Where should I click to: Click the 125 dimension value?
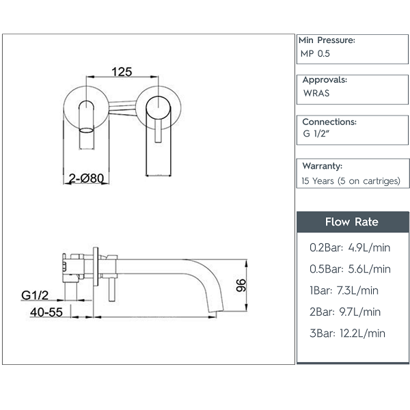(122, 72)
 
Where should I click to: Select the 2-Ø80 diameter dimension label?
(86, 178)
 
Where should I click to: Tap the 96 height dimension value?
(241, 285)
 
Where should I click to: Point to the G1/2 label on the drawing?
(35, 295)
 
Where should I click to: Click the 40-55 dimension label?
(46, 312)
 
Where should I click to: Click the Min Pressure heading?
(327, 40)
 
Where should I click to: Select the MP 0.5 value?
(315, 53)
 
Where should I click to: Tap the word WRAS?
(316, 93)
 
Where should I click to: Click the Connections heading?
(329, 122)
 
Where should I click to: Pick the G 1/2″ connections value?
(316, 134)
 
